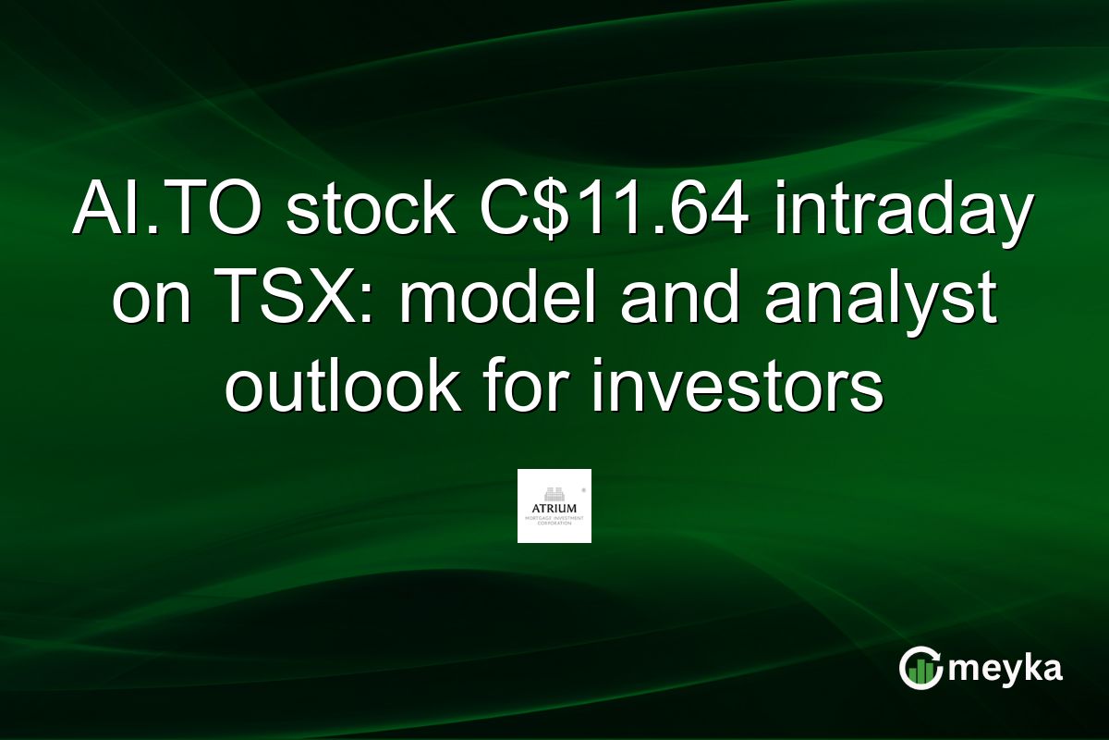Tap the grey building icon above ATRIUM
554,493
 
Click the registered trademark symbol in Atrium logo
581,485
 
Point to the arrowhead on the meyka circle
937,659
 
